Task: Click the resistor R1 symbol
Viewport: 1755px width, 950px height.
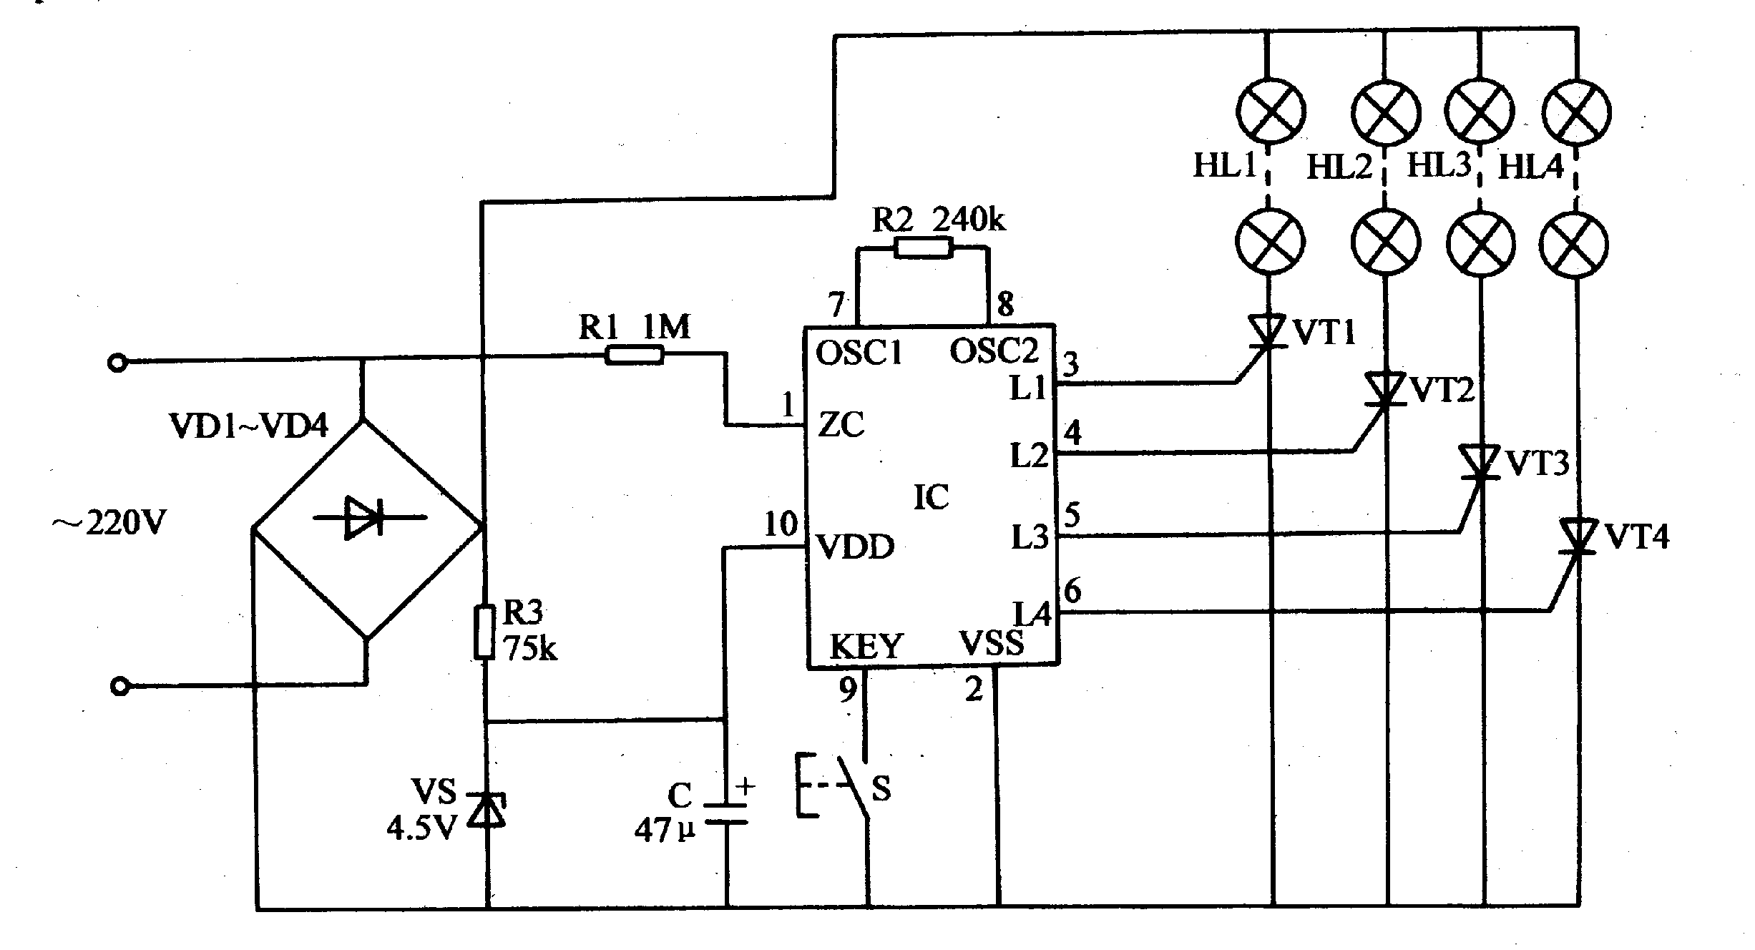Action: point(634,355)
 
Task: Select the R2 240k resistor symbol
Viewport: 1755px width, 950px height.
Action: point(923,248)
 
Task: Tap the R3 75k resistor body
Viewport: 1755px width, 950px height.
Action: point(484,631)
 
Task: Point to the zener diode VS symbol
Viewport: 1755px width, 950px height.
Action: point(487,809)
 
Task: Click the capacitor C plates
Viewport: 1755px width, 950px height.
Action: point(726,813)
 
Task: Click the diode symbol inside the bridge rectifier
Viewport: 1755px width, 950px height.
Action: point(366,517)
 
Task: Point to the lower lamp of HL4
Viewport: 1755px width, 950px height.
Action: point(1575,244)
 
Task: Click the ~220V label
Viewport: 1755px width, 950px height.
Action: point(109,524)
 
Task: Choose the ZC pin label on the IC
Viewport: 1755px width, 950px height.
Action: point(841,425)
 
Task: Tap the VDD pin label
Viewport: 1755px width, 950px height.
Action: point(855,548)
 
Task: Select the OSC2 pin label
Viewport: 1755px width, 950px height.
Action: point(994,351)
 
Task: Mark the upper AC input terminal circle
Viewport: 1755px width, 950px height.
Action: point(117,363)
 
